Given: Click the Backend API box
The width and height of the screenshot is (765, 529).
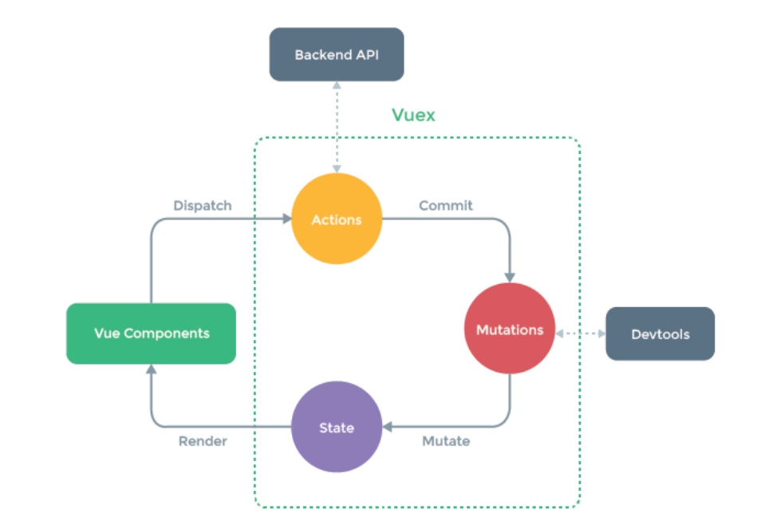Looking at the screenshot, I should tap(336, 54).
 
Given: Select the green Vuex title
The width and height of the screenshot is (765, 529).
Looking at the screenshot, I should tap(413, 115).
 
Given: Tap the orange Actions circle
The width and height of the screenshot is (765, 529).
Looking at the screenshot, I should tap(337, 219).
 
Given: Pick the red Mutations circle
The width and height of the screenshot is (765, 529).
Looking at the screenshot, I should tap(509, 330).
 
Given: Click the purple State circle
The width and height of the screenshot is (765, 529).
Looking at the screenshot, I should tap(337, 428).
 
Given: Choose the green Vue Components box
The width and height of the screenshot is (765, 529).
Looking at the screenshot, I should tap(151, 334).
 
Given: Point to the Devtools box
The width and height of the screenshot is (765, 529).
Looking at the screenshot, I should tap(660, 334).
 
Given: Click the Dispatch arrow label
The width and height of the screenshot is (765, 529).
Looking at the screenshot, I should tap(203, 206).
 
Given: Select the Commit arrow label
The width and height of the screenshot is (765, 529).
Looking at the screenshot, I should tap(446, 206).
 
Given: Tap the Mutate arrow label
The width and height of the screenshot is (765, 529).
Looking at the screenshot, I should tap(446, 440).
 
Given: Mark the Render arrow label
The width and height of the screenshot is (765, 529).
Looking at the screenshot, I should tap(203, 440).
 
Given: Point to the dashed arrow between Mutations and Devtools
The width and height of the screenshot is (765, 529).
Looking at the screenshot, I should tap(580, 334).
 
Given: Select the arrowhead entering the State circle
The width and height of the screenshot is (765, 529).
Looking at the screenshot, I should tap(388, 427).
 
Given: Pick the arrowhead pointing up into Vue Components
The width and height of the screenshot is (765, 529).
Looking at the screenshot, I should tap(151, 369).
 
